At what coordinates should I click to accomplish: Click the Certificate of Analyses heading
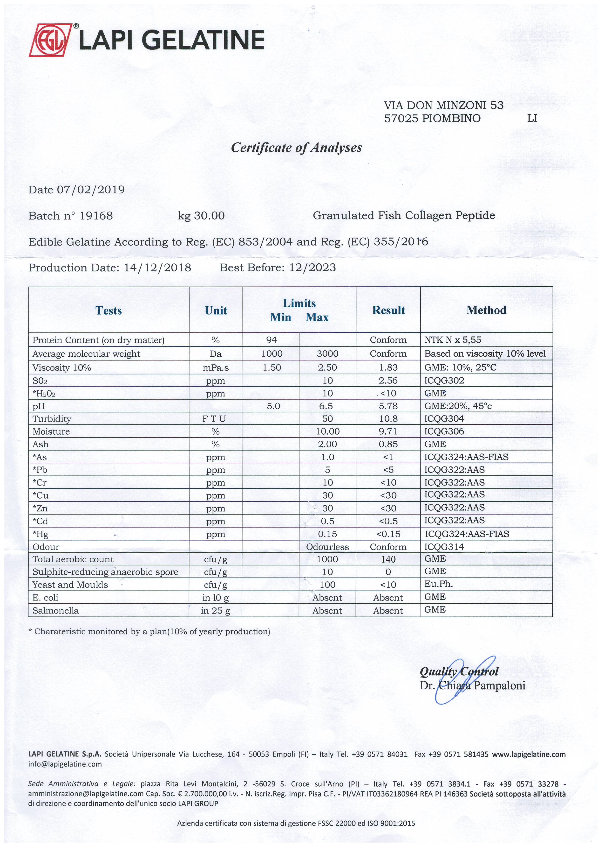tap(296, 148)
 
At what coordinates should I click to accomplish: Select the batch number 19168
tap(96, 216)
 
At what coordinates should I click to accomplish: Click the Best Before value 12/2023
tap(313, 268)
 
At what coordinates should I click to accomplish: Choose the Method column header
tap(486, 310)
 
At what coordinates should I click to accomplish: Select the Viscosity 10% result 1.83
tap(388, 368)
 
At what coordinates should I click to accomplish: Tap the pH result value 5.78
tap(388, 406)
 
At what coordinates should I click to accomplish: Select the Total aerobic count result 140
tap(388, 559)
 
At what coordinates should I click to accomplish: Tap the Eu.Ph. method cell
tap(438, 584)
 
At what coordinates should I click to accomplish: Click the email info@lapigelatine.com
tap(65, 764)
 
